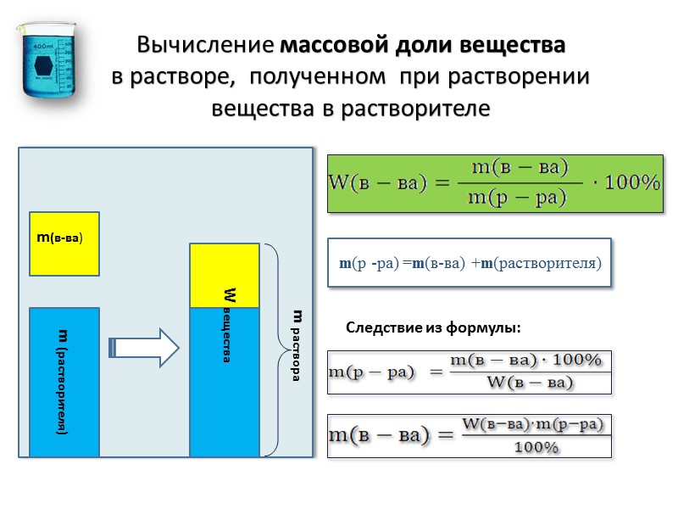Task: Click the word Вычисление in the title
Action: tap(207, 44)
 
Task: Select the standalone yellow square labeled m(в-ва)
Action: tap(64, 243)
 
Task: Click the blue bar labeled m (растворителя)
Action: tap(64, 382)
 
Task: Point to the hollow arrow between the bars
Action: tap(145, 346)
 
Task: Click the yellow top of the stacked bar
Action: tap(224, 275)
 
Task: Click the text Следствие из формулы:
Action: tap(432, 327)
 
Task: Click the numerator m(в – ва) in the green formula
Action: tap(519, 167)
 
